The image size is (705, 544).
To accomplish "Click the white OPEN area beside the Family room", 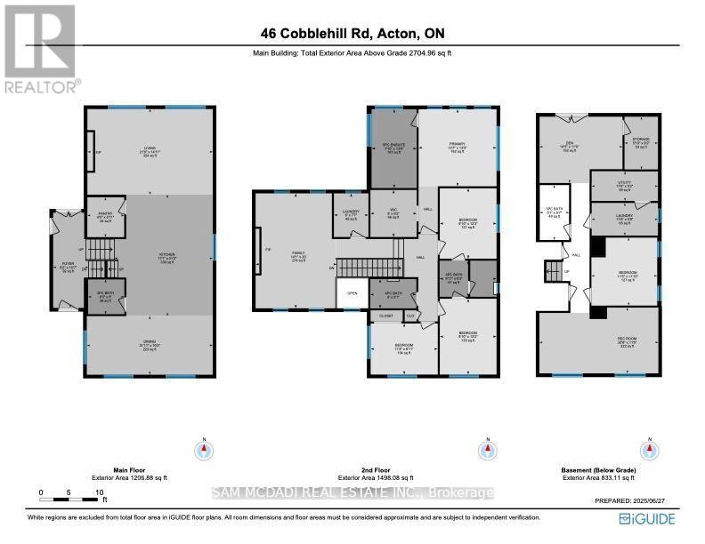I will (352, 293).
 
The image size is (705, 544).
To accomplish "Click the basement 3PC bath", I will (555, 212).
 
